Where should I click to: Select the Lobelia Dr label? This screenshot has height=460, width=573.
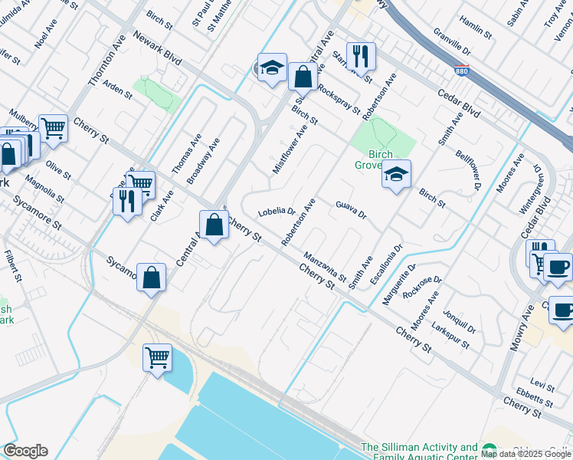pos(277,212)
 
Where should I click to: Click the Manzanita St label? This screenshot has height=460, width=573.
pos(325,266)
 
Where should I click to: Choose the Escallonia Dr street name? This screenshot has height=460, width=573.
pos(385,265)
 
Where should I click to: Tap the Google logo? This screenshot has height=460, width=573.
pos(25,451)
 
